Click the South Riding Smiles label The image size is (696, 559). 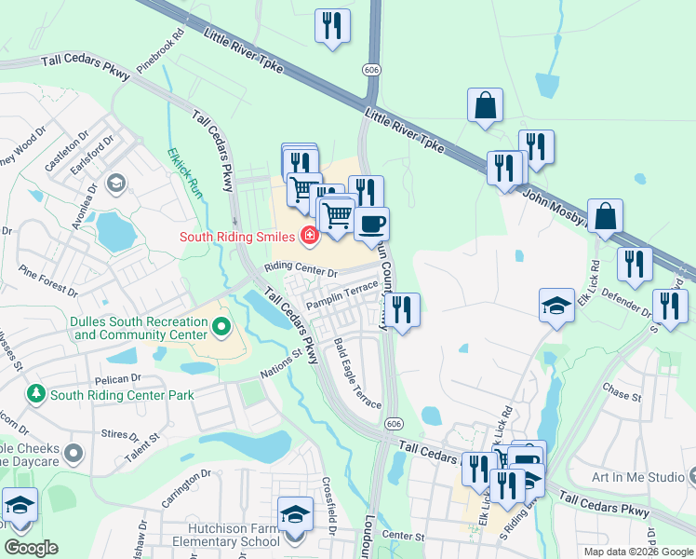(x=236, y=236)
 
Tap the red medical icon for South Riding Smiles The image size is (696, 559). (x=308, y=236)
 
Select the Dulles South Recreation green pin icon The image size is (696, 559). (x=221, y=327)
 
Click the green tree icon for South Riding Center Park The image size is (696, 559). (x=36, y=394)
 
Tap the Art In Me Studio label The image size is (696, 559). (x=637, y=477)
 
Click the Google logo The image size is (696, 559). (x=32, y=548)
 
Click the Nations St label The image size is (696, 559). (x=285, y=360)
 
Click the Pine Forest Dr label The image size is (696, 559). (x=47, y=279)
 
